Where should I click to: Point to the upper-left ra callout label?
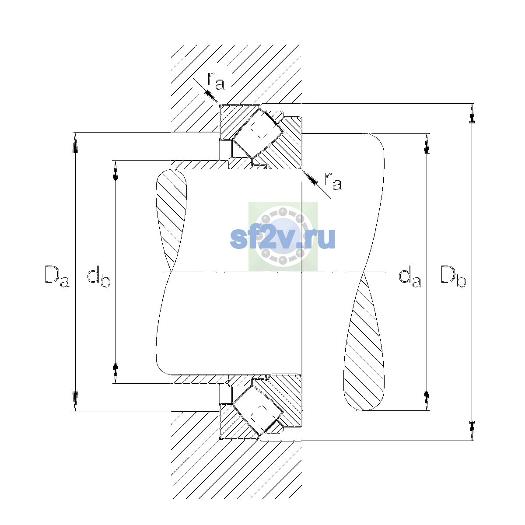tap(216, 81)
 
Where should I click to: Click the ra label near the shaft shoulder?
tap(333, 182)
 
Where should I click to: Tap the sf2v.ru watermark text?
tap(283, 238)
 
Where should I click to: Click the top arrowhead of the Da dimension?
tap(75, 143)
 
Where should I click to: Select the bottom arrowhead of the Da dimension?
tap(75, 401)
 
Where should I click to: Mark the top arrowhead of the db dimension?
tap(115, 171)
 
